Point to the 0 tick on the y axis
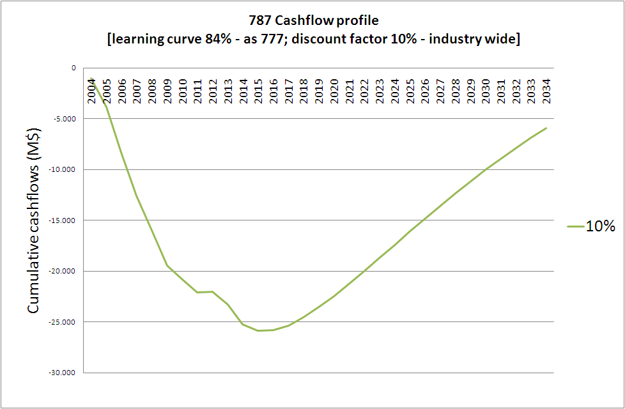[x=73, y=68]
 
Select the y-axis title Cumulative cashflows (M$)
[x=34, y=220]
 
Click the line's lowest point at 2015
[x=258, y=330]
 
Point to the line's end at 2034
[x=546, y=128]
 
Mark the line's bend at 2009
[x=167, y=265]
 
